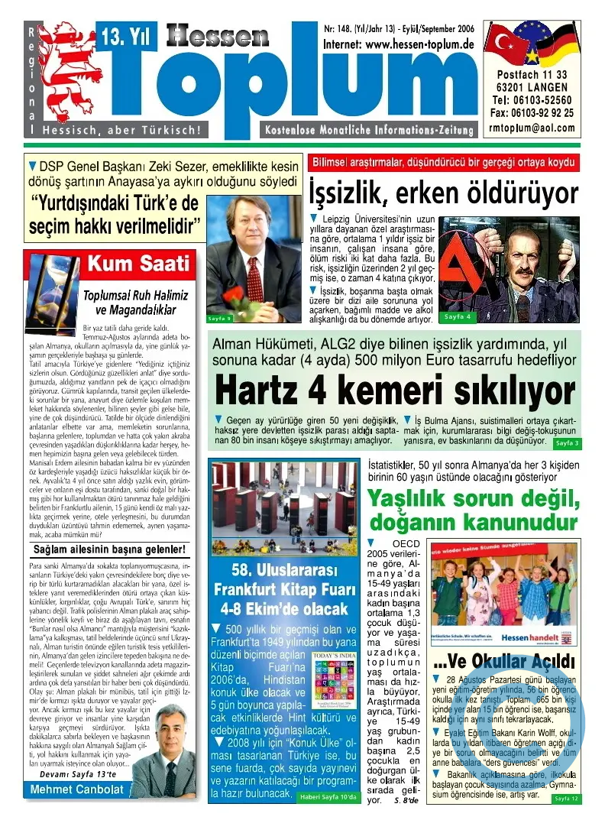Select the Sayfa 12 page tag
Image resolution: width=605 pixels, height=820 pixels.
click(566, 798)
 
